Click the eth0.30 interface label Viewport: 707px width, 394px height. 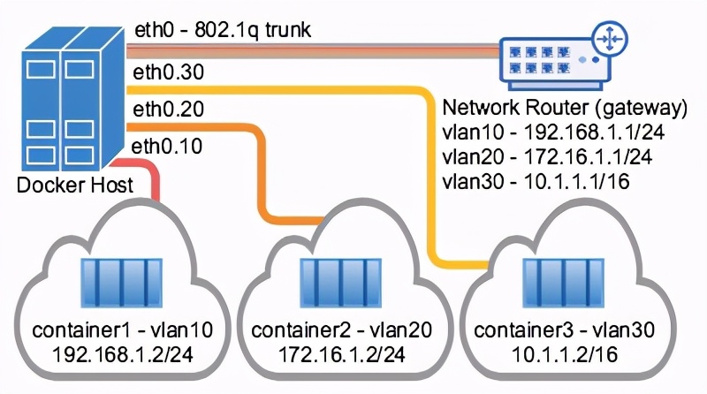pos(169,72)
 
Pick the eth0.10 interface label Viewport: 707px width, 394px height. pos(168,146)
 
